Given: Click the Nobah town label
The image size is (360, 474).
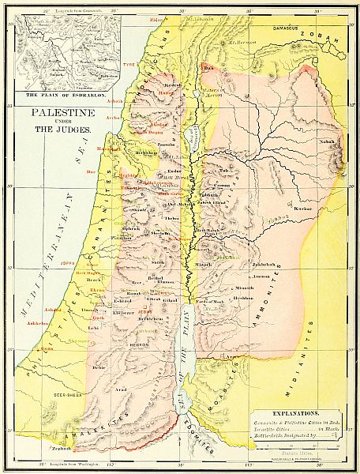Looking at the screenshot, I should pyautogui.click(x=329, y=142).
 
